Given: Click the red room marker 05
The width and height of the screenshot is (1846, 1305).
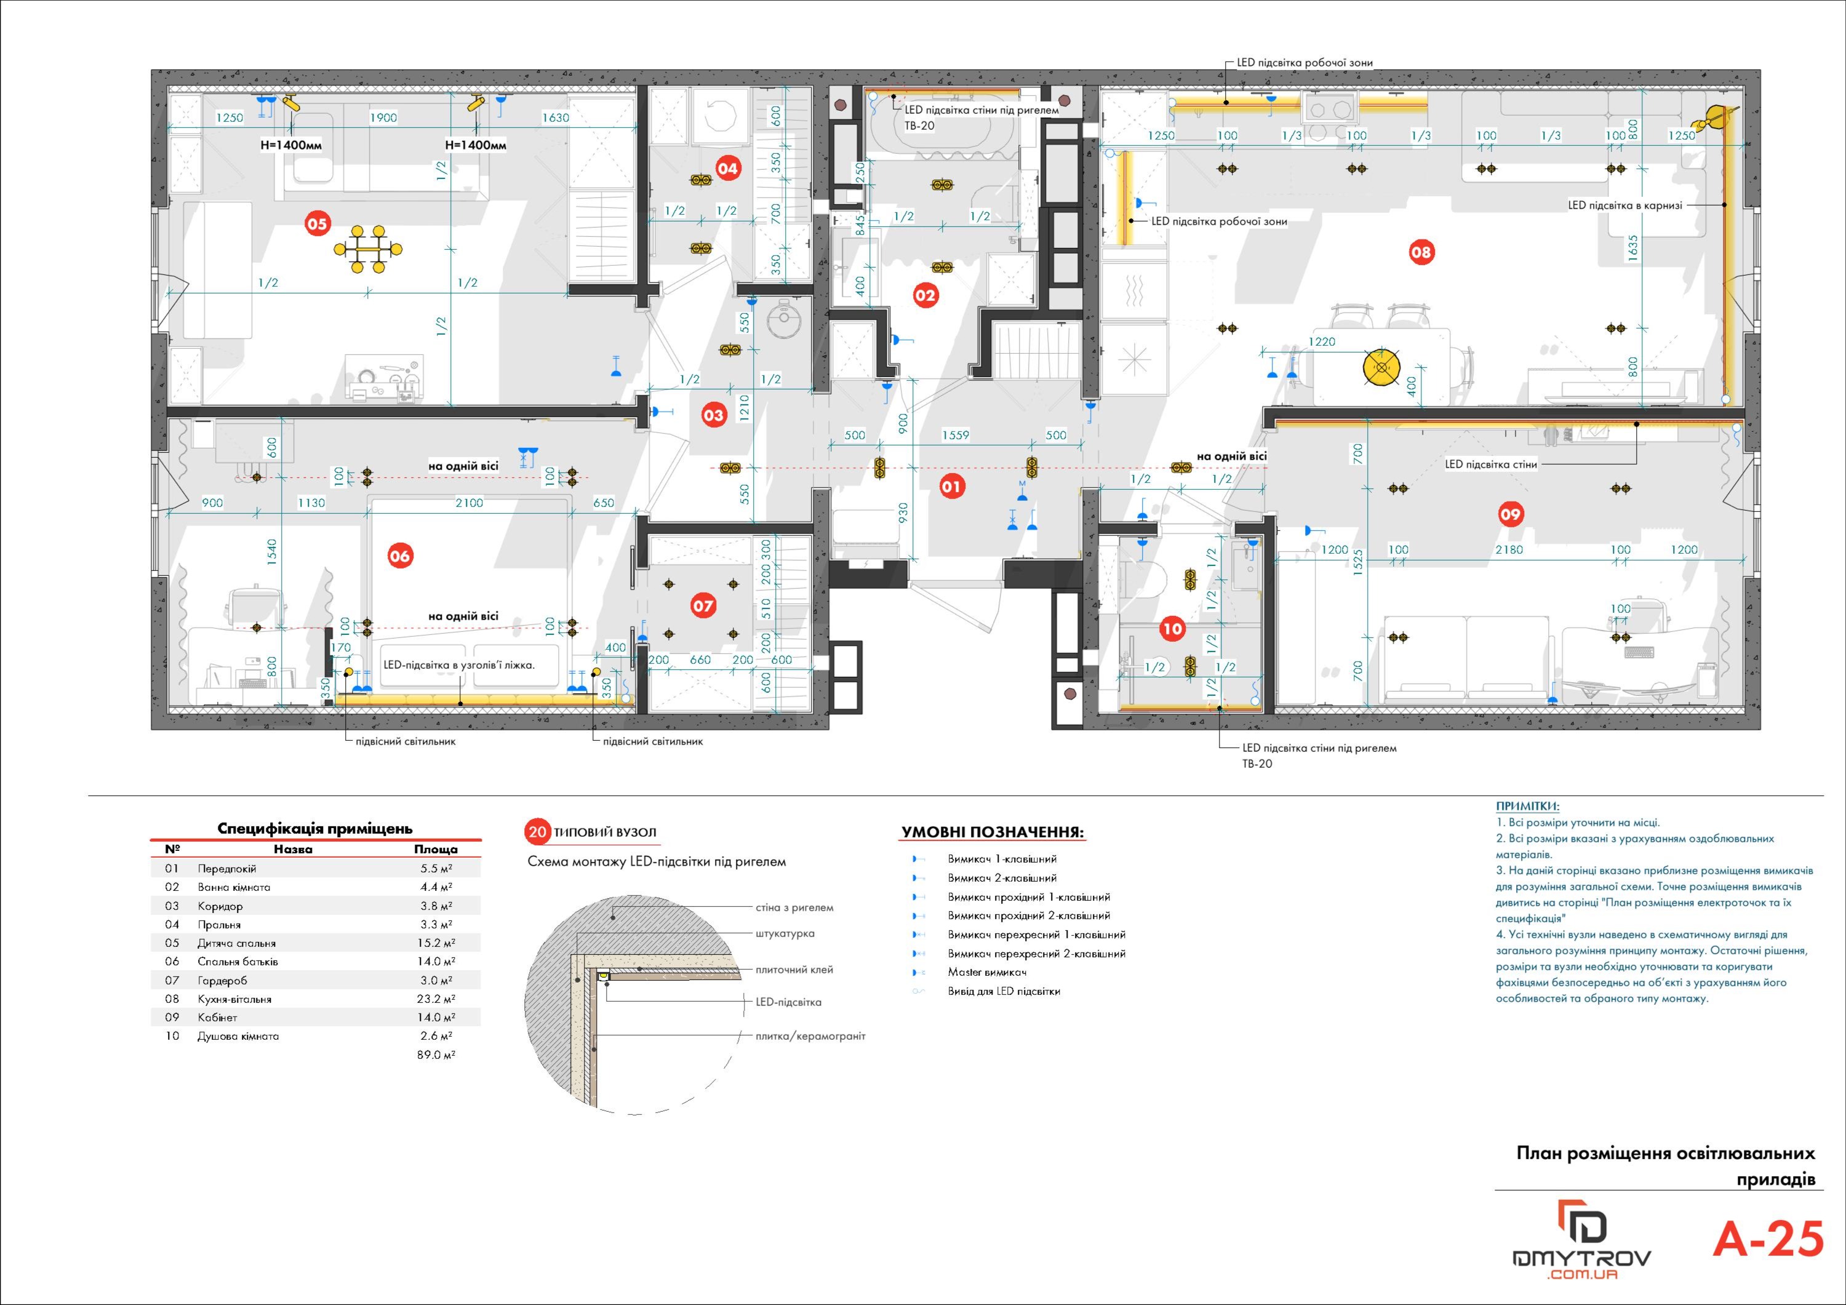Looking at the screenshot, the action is point(318,223).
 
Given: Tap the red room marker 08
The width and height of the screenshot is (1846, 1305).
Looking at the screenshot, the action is point(1421,252).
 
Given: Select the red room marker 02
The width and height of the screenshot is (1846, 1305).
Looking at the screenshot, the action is point(925,295).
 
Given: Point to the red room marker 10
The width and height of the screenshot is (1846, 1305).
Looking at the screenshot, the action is point(1172,629).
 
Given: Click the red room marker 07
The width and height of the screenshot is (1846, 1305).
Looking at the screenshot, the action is point(703,605).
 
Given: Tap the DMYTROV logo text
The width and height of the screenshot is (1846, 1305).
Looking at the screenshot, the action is point(1582,1258).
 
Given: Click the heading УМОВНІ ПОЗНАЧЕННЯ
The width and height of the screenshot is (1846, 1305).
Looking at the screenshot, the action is point(992,832).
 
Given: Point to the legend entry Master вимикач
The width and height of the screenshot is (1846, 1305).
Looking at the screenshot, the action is point(986,972).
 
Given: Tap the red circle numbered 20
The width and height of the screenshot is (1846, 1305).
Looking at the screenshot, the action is point(537,832).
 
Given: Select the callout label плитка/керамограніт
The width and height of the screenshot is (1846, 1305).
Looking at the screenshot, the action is point(810,1037).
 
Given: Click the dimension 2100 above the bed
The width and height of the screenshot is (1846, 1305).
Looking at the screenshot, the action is point(469,503).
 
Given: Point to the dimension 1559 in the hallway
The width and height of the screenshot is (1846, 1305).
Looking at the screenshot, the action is point(955,435).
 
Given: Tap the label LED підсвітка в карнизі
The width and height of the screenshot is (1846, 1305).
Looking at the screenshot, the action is point(1625,205).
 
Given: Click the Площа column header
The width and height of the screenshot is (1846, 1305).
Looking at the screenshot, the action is point(436,849).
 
